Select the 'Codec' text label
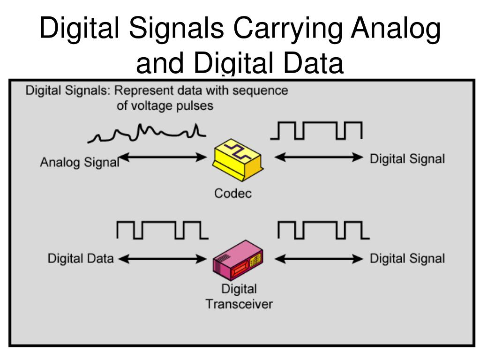233,193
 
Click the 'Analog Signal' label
79,163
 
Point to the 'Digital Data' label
80,258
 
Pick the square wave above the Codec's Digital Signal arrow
316,131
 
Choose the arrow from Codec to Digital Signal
318,158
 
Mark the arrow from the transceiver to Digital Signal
318,258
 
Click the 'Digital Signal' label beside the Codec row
407,159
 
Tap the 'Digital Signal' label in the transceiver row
407,258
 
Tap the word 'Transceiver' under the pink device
239,304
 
